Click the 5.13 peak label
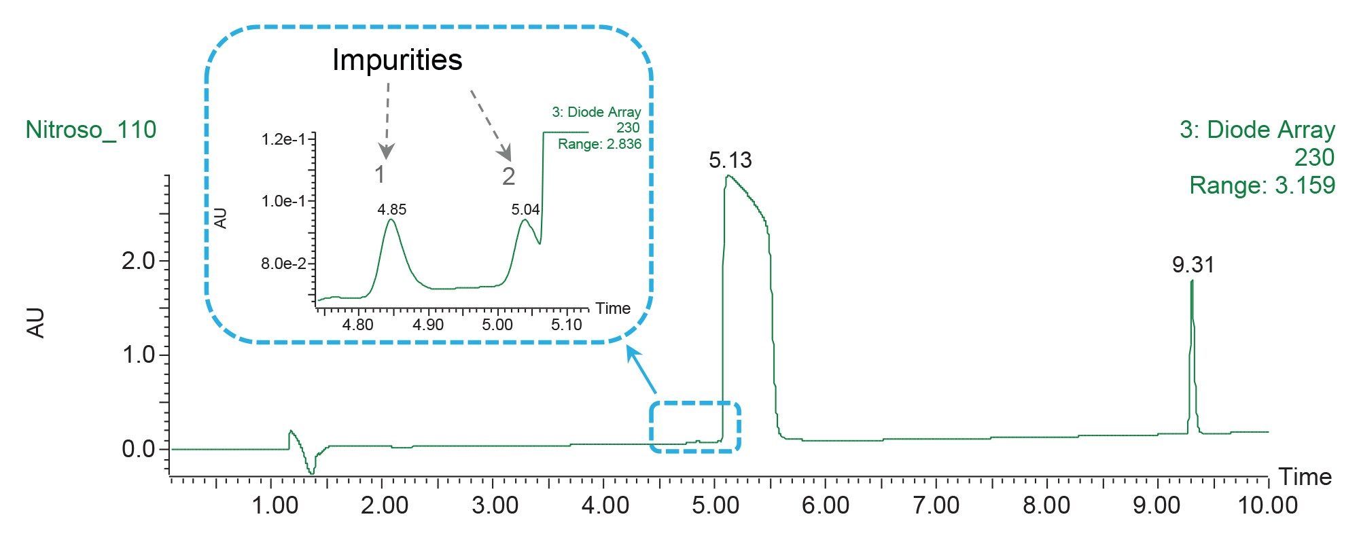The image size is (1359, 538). pyautogui.click(x=730, y=160)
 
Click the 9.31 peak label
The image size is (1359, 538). pyautogui.click(x=1193, y=265)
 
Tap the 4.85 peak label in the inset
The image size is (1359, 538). pyautogui.click(x=392, y=209)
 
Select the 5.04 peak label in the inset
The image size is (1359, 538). pyautogui.click(x=525, y=209)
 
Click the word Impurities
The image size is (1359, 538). pyautogui.click(x=397, y=60)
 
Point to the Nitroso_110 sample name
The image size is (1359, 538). pyautogui.click(x=90, y=130)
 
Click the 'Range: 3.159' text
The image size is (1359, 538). pyautogui.click(x=1262, y=185)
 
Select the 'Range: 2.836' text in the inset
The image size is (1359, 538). pyautogui.click(x=599, y=144)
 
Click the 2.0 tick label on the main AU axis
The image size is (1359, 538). pyautogui.click(x=138, y=261)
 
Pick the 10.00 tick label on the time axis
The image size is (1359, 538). pyautogui.click(x=1267, y=506)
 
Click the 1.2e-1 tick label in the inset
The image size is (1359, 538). pyautogui.click(x=283, y=139)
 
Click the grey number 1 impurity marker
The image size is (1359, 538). pyautogui.click(x=380, y=175)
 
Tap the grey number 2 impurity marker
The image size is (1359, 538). pyautogui.click(x=508, y=177)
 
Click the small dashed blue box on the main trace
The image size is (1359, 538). pyautogui.click(x=694, y=427)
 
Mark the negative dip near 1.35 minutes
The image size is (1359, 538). pyautogui.click(x=311, y=471)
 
